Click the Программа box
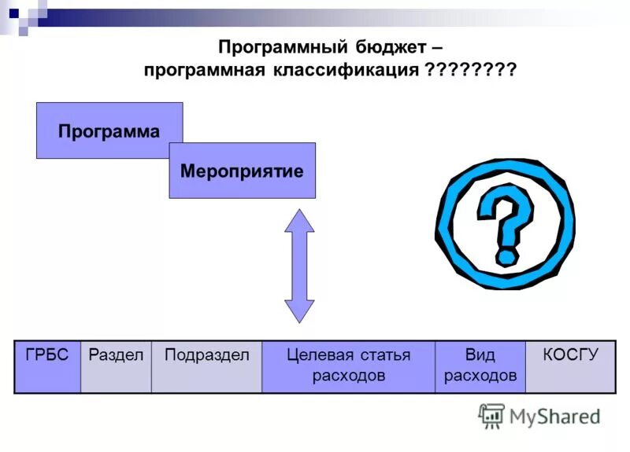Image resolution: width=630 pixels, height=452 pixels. (x=109, y=130)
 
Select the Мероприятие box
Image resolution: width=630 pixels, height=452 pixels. (x=242, y=171)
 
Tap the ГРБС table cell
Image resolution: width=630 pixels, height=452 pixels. (x=47, y=366)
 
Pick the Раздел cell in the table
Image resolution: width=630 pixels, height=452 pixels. (x=115, y=366)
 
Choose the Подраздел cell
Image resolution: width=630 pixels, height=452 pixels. (x=206, y=366)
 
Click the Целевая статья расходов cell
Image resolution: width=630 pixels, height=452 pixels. (x=348, y=366)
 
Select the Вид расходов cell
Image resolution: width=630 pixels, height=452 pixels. (x=480, y=366)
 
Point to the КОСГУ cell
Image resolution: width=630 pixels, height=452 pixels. (x=571, y=366)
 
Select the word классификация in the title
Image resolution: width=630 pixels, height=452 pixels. (x=346, y=70)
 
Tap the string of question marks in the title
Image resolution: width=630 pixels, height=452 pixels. (x=470, y=70)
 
